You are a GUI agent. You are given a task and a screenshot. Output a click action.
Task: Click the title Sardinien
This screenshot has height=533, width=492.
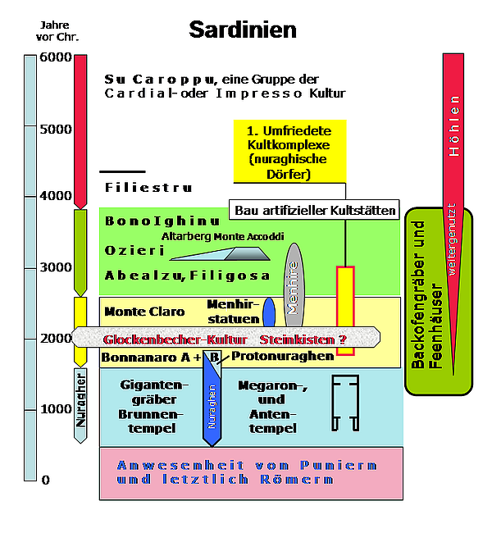(243, 30)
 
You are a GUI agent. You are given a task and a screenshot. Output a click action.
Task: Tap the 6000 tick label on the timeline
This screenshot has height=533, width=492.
(56, 58)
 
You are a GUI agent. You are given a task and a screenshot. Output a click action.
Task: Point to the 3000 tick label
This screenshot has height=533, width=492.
(56, 266)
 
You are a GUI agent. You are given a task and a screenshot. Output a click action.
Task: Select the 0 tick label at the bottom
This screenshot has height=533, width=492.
(46, 480)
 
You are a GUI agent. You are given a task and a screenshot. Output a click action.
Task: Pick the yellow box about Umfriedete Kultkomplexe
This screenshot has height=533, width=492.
(289, 151)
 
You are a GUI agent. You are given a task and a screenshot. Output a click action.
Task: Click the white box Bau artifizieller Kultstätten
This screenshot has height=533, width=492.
(315, 211)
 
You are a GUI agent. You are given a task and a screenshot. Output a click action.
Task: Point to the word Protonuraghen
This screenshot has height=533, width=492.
(282, 356)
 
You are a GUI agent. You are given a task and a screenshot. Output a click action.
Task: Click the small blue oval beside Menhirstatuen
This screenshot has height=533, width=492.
(268, 312)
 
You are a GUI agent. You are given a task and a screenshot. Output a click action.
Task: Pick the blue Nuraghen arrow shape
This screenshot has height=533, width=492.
(212, 402)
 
